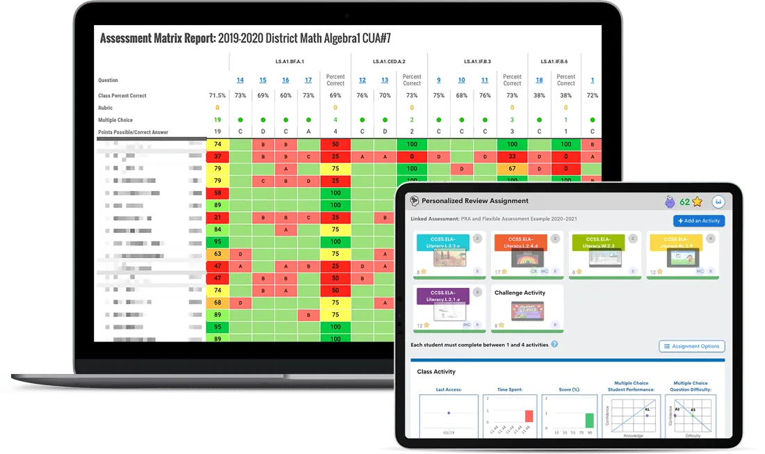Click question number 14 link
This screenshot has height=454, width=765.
(x=240, y=80)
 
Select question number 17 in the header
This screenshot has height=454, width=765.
(x=308, y=80)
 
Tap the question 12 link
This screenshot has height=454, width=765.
(x=362, y=80)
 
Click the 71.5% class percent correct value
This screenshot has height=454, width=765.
(x=217, y=95)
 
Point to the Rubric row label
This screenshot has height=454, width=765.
(x=105, y=108)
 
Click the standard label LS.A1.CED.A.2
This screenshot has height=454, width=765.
(x=389, y=62)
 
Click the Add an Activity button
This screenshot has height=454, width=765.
(x=699, y=220)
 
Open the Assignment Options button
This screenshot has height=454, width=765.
(x=692, y=346)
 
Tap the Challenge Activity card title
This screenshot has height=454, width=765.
(x=520, y=293)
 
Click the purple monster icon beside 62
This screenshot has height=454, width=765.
(x=670, y=202)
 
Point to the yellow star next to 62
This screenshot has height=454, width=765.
(x=697, y=202)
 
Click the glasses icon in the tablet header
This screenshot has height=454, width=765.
(x=718, y=202)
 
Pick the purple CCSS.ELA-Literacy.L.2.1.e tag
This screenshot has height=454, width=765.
(x=442, y=295)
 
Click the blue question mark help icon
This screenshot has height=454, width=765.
(x=554, y=344)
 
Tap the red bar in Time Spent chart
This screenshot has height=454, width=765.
(x=529, y=416)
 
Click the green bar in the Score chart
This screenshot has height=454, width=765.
(x=589, y=420)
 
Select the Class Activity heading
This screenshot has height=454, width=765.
(x=436, y=372)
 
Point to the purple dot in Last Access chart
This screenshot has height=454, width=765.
(x=449, y=413)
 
